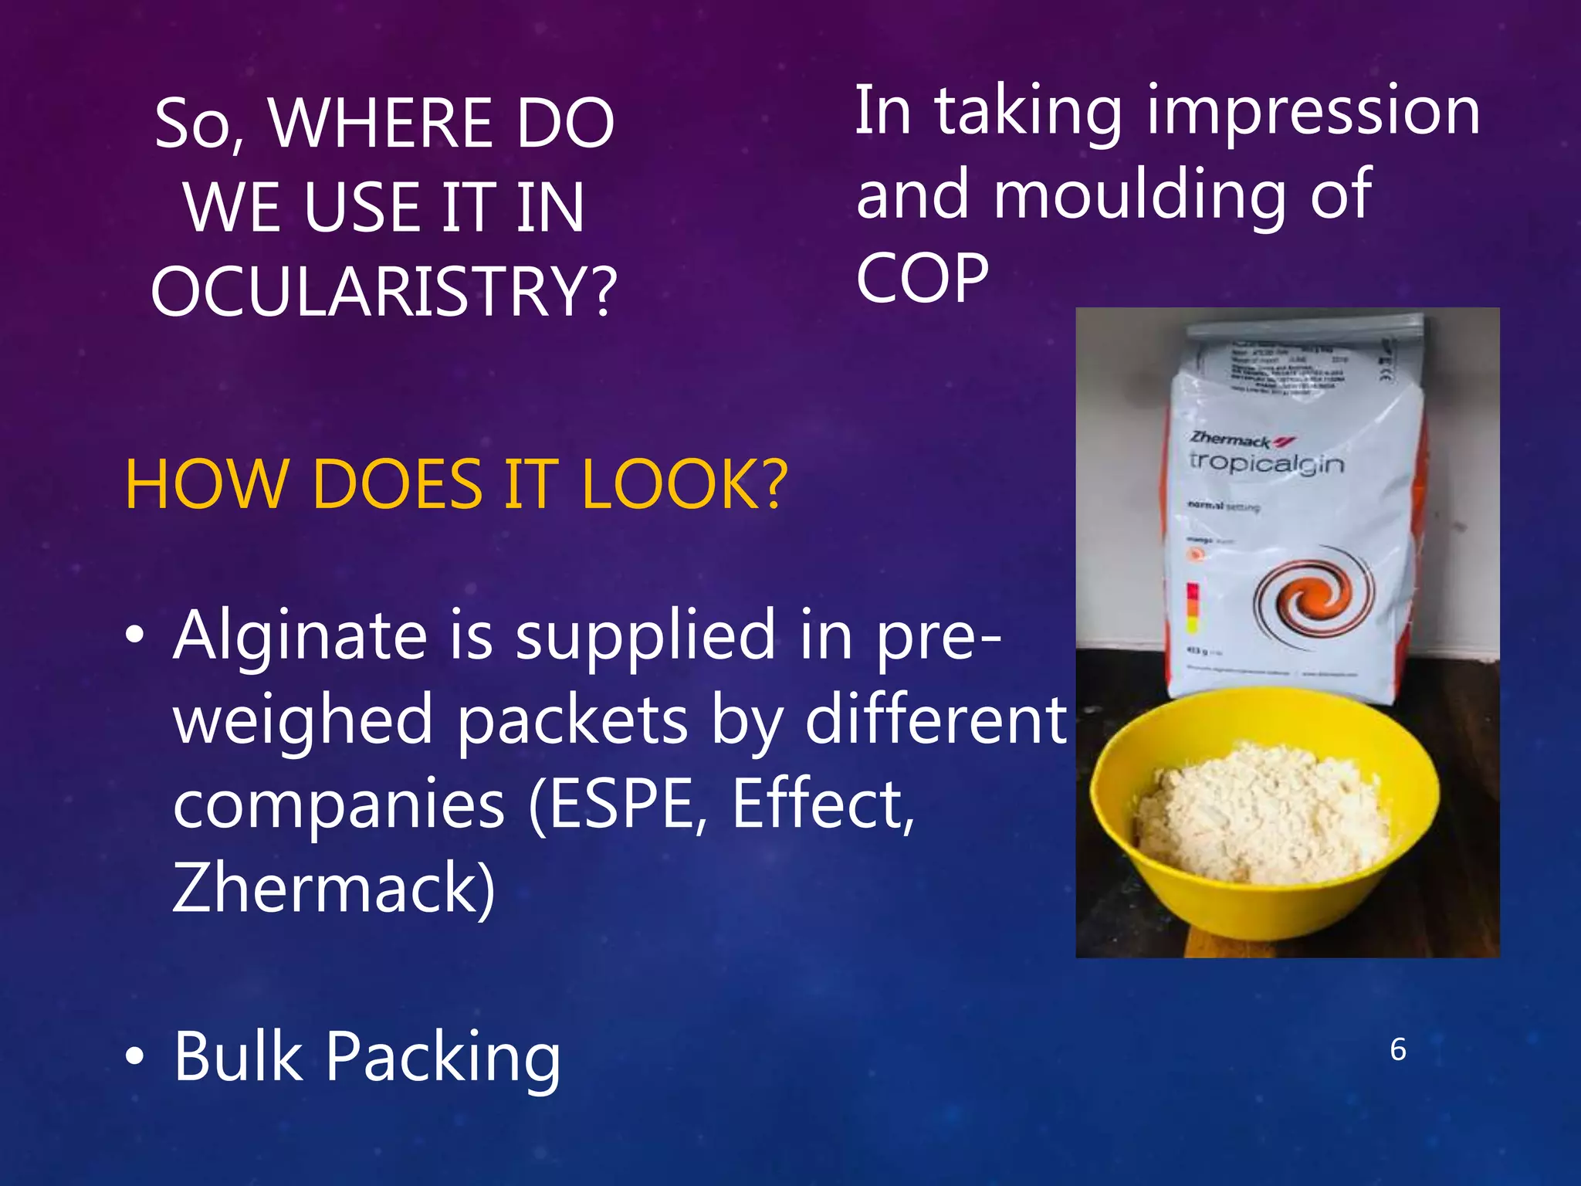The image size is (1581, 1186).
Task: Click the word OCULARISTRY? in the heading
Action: tap(384, 292)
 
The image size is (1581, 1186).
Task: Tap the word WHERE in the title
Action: tap(380, 124)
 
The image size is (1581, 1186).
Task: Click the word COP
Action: tap(922, 278)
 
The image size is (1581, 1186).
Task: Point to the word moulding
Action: tap(1138, 195)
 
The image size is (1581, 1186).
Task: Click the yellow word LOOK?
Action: tap(684, 485)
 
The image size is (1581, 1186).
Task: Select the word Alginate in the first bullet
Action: tap(300, 635)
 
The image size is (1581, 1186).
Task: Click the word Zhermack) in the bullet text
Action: tap(333, 888)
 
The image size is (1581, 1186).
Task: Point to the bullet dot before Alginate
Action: tap(135, 635)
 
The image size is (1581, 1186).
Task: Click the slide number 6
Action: tap(1397, 1050)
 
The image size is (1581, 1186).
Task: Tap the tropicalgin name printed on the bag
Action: tap(1266, 463)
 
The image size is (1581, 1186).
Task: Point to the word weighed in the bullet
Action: tap(303, 720)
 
